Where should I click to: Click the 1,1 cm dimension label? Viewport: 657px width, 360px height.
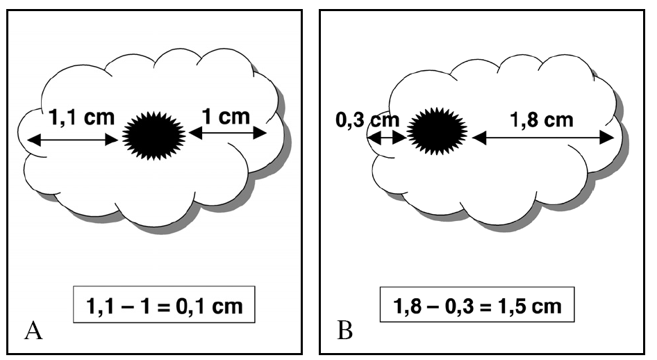pyautogui.click(x=81, y=118)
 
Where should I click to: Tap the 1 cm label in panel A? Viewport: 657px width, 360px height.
pyautogui.click(x=224, y=116)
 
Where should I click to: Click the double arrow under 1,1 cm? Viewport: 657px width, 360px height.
pyautogui.click(x=73, y=140)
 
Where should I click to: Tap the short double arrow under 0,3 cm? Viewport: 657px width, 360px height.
pyautogui.click(x=385, y=138)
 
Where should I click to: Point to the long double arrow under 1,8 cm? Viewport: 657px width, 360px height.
pyautogui.click(x=542, y=138)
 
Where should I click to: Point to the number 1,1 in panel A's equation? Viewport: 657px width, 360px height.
pyautogui.click(x=101, y=305)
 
